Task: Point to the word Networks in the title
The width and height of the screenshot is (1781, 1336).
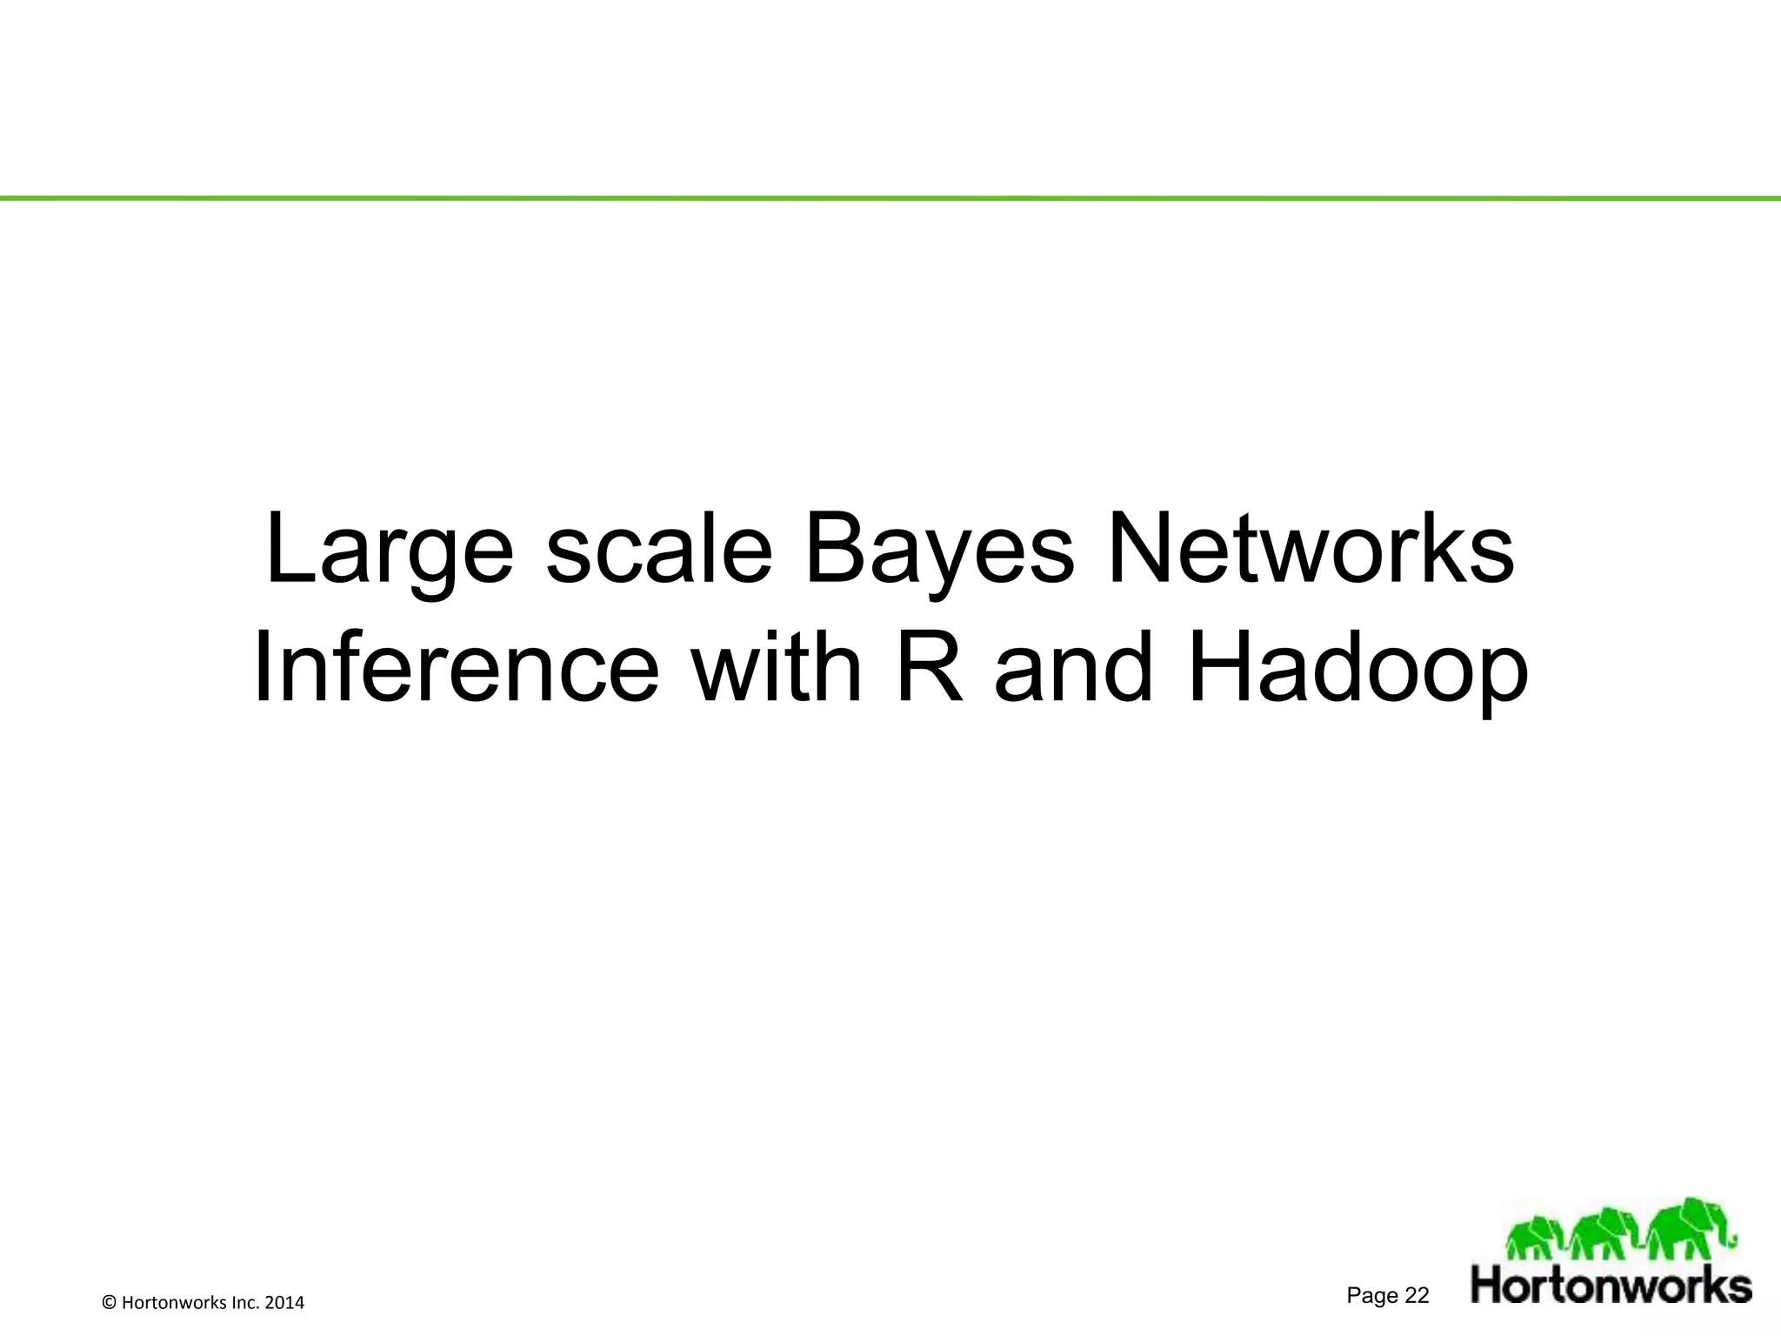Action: (x=1311, y=548)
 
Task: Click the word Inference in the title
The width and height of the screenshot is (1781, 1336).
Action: (x=456, y=671)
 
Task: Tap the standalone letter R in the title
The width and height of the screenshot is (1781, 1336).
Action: (x=930, y=671)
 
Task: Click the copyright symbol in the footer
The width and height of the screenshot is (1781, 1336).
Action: (x=109, y=1302)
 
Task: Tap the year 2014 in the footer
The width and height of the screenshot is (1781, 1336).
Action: (x=285, y=1302)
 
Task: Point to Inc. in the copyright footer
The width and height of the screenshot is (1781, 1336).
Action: (x=246, y=1302)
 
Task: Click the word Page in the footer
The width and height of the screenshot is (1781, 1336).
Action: (x=1372, y=1296)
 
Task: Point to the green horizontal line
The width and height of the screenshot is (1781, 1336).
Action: (x=890, y=198)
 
